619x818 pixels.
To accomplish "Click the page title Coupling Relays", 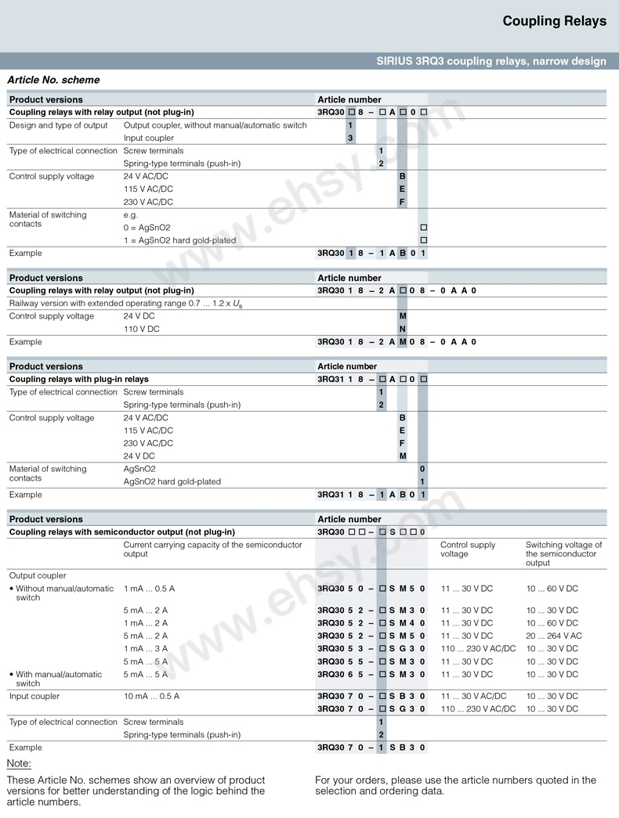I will tap(554, 21).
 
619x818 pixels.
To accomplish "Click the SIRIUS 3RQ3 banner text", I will tap(490, 61).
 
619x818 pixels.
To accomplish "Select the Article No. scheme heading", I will tap(53, 80).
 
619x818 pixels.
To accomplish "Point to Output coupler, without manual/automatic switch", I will tap(215, 125).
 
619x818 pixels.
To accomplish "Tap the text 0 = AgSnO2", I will tap(147, 228).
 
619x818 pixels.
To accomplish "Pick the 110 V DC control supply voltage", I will tap(141, 329).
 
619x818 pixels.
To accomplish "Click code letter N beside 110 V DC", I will tap(403, 329).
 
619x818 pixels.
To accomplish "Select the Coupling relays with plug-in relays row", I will tap(78, 379).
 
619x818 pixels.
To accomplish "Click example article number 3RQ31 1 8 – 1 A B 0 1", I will tap(371, 495).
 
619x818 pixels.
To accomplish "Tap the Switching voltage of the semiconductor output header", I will tap(563, 553).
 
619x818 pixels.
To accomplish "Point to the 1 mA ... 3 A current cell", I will tap(146, 649).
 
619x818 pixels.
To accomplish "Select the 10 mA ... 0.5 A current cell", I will tap(151, 696).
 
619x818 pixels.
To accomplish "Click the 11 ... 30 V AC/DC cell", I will tap(473, 696).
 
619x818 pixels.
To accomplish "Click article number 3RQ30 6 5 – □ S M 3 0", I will tap(371, 675).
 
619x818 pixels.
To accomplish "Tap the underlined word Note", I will tap(19, 763).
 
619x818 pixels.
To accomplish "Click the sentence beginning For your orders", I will tap(455, 785).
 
